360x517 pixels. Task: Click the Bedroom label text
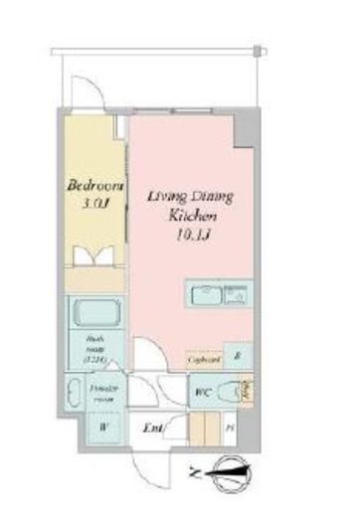[94, 186]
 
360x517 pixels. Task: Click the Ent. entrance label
[153, 429]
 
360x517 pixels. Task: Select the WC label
[201, 390]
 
